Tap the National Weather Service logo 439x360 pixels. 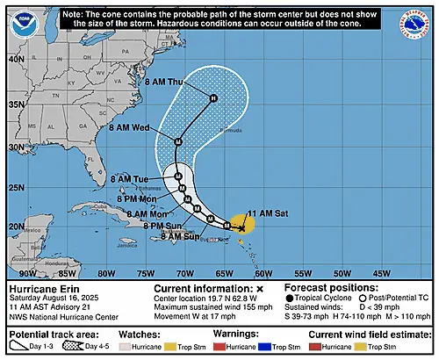pyautogui.click(x=413, y=24)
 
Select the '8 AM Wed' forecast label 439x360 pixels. pyautogui.click(x=129, y=128)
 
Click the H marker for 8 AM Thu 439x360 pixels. pyautogui.click(x=212, y=97)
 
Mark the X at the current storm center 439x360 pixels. pyautogui.click(x=242, y=227)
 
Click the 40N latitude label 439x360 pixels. pyautogui.click(x=16, y=59)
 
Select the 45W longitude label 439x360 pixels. pyautogui.click(x=383, y=273)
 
